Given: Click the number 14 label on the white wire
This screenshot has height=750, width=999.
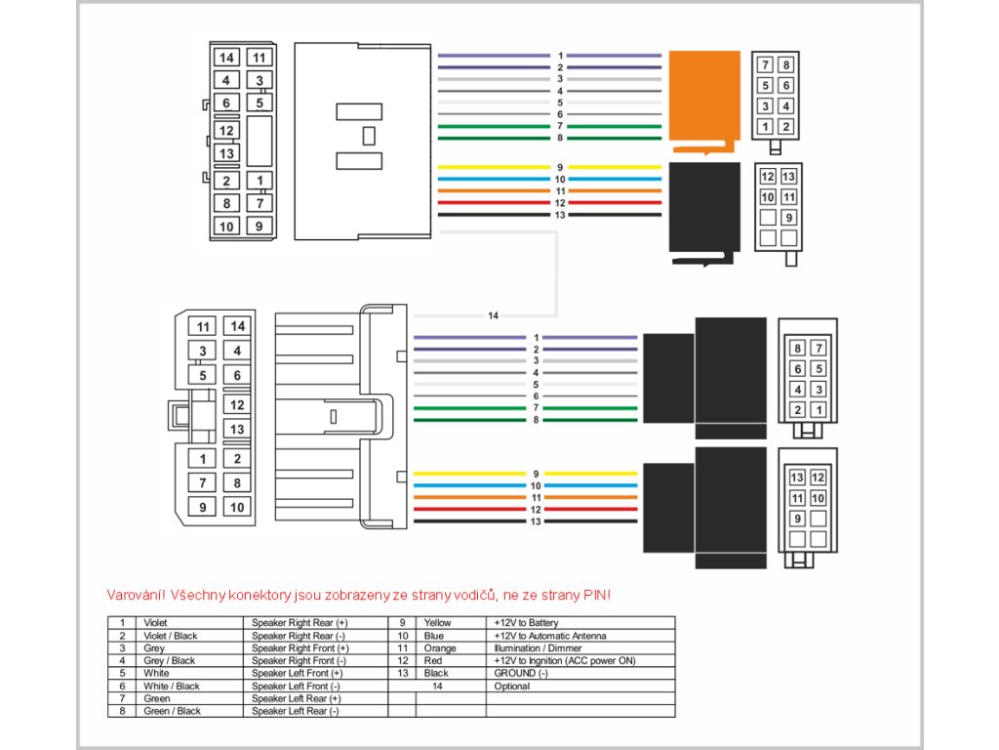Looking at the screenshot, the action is coord(493,315).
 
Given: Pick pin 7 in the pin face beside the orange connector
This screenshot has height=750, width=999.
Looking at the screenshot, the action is coord(766,65).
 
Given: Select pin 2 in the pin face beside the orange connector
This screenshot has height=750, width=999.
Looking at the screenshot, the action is coord(786,126).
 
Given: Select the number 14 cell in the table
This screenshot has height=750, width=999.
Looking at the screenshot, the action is coord(437,687).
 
